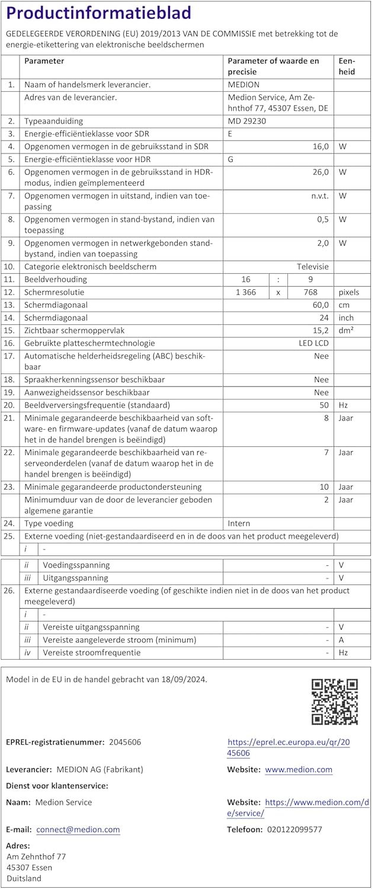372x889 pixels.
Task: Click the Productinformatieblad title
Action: (98, 14)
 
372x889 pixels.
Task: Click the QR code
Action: (335, 702)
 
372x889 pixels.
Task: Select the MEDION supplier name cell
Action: (243, 85)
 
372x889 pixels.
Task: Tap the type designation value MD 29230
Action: (247, 121)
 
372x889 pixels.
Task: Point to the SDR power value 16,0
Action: (319, 146)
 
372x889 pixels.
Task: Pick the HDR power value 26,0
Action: (319, 172)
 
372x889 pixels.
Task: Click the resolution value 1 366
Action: (246, 292)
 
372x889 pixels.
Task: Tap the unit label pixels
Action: (349, 292)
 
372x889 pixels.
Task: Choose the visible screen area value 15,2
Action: (320, 330)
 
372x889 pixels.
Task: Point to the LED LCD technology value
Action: (313, 343)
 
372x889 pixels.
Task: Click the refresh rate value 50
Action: (323, 405)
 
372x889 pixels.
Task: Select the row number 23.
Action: (9, 487)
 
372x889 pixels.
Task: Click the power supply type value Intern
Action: (239, 524)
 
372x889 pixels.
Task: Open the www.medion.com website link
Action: (299, 770)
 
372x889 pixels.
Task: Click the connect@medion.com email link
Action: (78, 830)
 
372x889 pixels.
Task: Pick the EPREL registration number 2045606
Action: (125, 742)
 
